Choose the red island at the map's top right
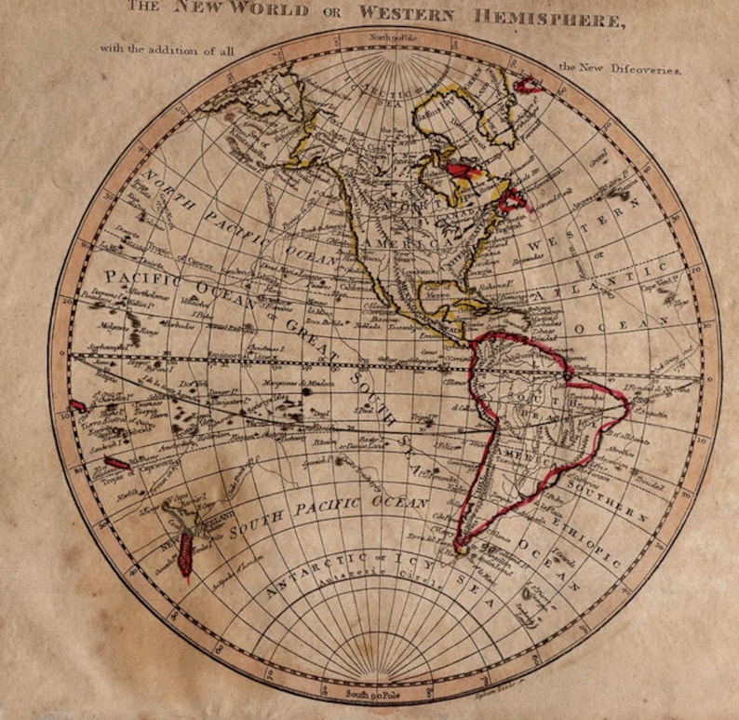530,85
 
